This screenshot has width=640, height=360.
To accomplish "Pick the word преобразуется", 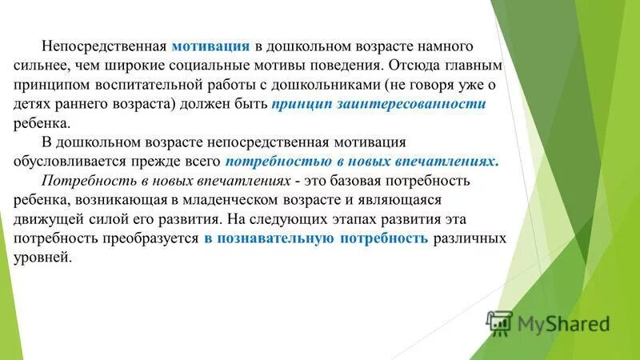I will pos(155,239).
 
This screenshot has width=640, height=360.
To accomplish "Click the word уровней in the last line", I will pos(43,258).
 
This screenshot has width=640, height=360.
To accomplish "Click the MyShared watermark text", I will pos(560,324).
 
